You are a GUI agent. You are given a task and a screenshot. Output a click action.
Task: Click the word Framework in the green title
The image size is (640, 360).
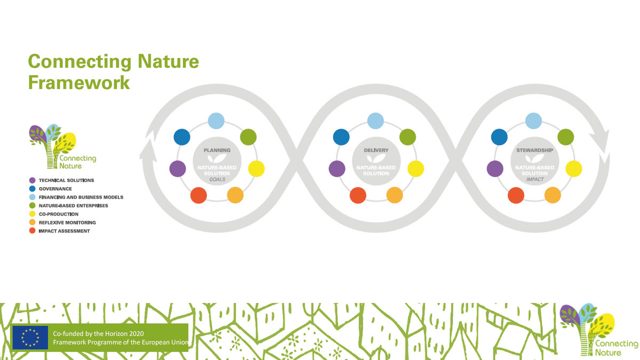point(79,83)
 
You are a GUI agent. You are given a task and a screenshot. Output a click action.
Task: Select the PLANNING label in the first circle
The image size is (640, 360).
point(217,150)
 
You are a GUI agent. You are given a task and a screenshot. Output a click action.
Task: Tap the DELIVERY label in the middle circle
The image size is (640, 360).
point(376,150)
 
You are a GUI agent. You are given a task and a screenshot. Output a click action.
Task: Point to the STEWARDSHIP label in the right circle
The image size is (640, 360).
point(534,150)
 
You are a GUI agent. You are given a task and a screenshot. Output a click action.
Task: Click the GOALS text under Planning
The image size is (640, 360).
point(217,179)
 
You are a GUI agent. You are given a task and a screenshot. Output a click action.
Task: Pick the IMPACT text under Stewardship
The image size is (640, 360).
point(534,179)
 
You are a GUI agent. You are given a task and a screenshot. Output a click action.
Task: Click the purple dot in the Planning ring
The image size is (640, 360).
point(178,169)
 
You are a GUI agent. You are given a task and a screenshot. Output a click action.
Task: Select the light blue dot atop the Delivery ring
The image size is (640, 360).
point(375,121)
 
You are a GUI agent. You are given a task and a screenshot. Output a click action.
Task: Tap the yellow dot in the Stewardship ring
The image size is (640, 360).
point(574,169)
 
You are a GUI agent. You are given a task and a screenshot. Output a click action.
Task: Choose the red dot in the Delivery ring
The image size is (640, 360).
point(358,196)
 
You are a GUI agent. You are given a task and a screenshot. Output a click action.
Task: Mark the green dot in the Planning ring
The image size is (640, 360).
point(249,137)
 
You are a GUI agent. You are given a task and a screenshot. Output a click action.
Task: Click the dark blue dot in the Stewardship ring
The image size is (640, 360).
point(499,137)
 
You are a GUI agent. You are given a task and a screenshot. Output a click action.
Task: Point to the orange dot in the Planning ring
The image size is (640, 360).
point(235,195)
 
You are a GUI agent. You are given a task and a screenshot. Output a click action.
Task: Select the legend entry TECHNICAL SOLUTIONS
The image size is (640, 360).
point(66,180)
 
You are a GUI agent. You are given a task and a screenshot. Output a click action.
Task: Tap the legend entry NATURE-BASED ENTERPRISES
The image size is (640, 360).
point(74,205)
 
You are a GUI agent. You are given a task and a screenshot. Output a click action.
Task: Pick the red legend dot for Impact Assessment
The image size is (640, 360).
point(33,231)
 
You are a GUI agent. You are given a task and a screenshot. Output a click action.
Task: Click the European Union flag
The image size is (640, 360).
point(30,337)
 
